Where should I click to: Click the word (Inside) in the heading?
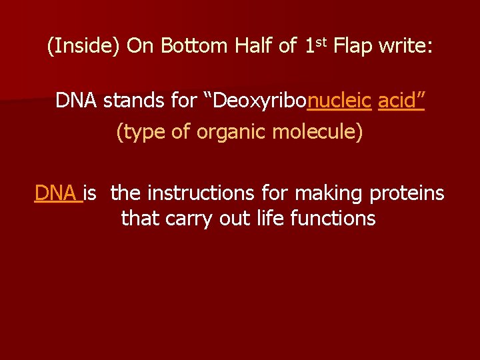tap(84, 47)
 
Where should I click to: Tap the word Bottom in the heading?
tap(195, 47)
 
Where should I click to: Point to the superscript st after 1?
tap(321, 43)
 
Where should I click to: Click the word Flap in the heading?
tap(353, 47)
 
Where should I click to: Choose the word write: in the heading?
tap(406, 47)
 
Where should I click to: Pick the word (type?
tap(141, 132)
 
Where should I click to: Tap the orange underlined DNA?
tap(57, 193)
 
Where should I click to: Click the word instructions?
tap(201, 193)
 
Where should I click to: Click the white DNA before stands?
tap(77, 101)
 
